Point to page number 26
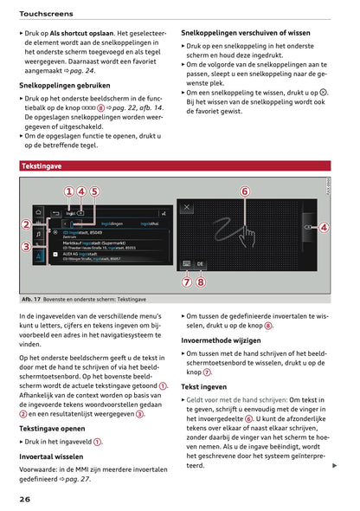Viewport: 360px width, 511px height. tap(27, 499)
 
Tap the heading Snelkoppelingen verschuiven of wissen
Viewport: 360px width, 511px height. tap(245, 32)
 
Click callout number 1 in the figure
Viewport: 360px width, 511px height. tap(67, 191)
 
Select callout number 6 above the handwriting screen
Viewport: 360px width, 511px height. tap(244, 191)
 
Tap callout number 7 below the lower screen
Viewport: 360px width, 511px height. tap(188, 281)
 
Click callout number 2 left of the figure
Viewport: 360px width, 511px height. tap(27, 224)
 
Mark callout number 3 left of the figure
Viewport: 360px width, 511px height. tap(27, 248)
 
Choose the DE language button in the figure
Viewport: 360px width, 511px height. tap(201, 264)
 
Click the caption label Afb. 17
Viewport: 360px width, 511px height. tap(32, 299)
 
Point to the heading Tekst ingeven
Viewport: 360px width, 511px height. tap(203, 386)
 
